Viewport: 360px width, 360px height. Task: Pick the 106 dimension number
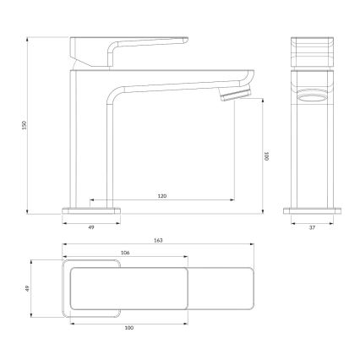coord(125,253)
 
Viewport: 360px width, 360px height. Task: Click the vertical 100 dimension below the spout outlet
coord(265,157)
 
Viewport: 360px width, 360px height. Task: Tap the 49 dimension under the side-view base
coord(91,227)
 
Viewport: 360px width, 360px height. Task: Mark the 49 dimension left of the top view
coord(27,287)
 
